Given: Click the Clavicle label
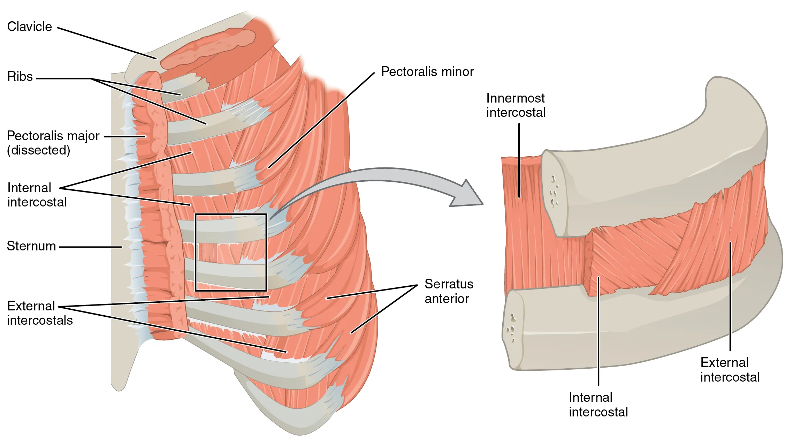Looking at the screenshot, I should (x=30, y=27).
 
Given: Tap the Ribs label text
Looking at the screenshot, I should (x=20, y=77).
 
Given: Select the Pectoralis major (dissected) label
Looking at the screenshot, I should (x=53, y=143).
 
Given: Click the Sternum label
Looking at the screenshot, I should (x=31, y=246).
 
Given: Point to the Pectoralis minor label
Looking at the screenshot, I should (x=427, y=72).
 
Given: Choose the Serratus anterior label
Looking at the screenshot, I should (x=449, y=291).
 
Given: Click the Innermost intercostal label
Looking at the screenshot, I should (x=516, y=105).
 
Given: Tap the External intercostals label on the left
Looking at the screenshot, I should (x=40, y=313).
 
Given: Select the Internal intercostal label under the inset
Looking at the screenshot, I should (x=598, y=405).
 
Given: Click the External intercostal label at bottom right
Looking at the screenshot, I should (x=730, y=370).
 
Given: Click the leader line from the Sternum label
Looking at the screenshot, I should (x=91, y=247).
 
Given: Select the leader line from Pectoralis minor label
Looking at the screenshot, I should (x=321, y=120).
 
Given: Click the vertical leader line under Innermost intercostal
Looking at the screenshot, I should (x=519, y=160).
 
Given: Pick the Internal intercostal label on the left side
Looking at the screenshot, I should (x=37, y=195).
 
